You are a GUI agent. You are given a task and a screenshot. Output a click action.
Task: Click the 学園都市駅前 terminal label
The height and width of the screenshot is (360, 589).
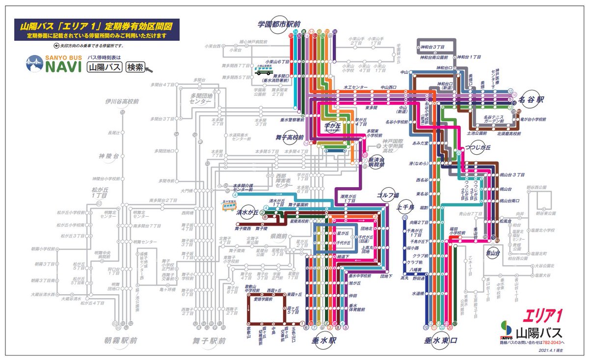(x=279, y=23)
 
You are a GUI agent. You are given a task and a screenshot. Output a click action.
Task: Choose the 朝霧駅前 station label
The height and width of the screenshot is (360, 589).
(x=121, y=340)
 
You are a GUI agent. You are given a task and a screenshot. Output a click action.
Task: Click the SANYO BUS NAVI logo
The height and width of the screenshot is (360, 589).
(x=54, y=64)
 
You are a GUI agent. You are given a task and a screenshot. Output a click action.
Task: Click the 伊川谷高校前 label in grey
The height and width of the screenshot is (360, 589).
(x=122, y=102)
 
